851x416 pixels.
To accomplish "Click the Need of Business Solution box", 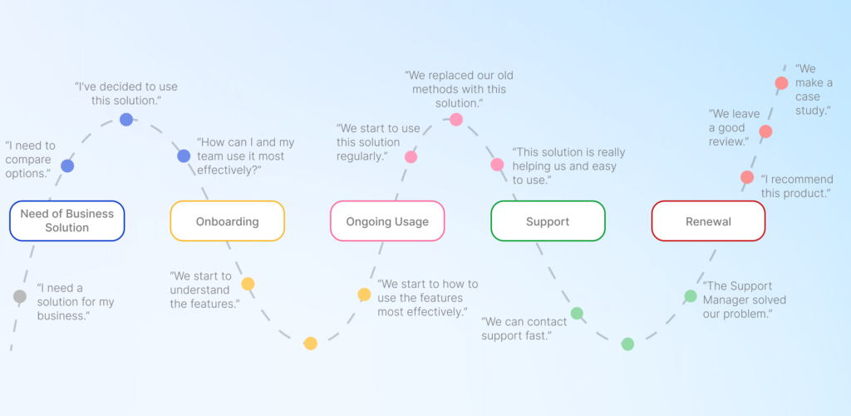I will click(66, 220).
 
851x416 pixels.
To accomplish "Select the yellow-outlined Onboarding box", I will click(227, 221).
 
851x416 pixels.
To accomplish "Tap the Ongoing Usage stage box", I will click(387, 221).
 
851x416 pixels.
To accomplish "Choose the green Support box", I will click(548, 221).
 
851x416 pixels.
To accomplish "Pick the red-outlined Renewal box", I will click(708, 221).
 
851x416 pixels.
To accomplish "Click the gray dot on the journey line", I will click(20, 296).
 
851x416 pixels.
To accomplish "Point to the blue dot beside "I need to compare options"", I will click(67, 166).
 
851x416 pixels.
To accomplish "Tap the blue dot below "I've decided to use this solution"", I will click(126, 119).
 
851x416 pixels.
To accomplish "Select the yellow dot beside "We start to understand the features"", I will click(248, 284).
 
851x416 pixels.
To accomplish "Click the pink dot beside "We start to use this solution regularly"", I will click(411, 156).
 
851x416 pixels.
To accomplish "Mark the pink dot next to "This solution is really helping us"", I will click(497, 165).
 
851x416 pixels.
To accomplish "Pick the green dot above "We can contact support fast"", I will click(577, 314).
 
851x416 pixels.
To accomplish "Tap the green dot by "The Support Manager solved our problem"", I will click(691, 296).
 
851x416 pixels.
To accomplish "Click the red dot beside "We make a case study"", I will click(781, 83).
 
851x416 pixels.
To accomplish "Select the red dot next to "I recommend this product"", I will click(747, 177).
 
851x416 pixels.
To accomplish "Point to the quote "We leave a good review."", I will click(729, 127).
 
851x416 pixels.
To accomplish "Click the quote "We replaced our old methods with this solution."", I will click(455, 89).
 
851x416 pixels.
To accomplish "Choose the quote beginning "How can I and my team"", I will click(245, 156).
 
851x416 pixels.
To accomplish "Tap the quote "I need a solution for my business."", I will click(76, 302).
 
